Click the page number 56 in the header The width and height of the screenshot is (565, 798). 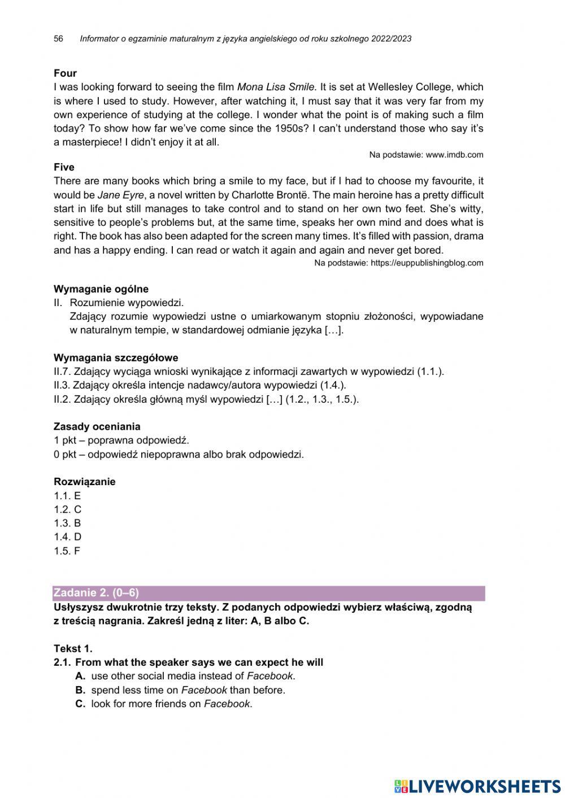click(x=58, y=39)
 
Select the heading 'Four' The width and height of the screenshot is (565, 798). click(x=65, y=73)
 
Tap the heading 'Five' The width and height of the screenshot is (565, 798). click(x=64, y=167)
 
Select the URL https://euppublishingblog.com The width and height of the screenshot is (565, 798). click(x=427, y=263)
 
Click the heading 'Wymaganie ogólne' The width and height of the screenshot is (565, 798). click(x=101, y=289)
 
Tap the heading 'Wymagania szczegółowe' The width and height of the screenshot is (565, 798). click(x=116, y=358)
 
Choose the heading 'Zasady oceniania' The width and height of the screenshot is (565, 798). click(x=97, y=427)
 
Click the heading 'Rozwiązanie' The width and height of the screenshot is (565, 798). click(x=84, y=482)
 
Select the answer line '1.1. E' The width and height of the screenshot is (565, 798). click(x=67, y=496)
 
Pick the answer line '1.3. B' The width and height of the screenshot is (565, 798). click(x=67, y=524)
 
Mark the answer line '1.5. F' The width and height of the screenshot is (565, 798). click(x=67, y=551)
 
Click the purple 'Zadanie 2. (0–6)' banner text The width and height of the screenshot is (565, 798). click(x=96, y=593)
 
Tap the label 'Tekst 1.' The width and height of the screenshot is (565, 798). click(x=73, y=648)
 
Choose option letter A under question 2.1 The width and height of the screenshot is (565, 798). click(x=80, y=676)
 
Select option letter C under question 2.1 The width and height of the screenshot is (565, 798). click(x=80, y=704)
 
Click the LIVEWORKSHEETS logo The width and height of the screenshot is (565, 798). click(x=477, y=786)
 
